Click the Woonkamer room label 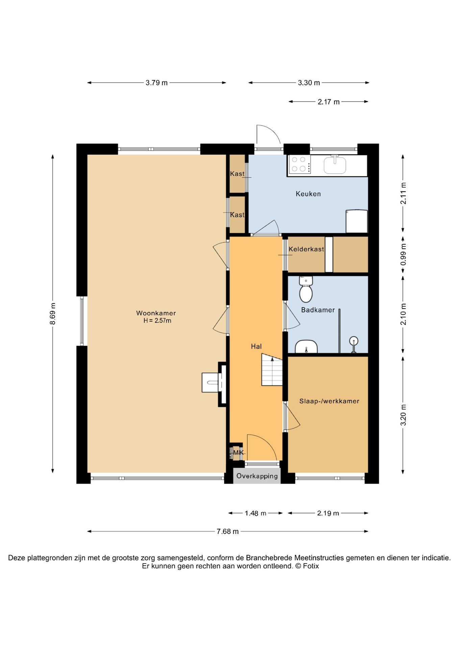tap(156, 313)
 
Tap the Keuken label tap(308, 194)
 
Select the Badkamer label tap(318, 310)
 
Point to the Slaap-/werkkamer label tap(329, 401)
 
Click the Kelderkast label tap(306, 249)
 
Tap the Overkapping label tap(257, 476)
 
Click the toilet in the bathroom tap(306, 289)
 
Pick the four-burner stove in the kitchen tap(299, 164)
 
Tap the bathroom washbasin tap(306, 347)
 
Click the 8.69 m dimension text tap(53, 313)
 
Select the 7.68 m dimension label tap(227, 532)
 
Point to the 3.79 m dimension tap(156, 83)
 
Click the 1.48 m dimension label tap(256, 513)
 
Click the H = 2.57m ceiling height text tap(157, 321)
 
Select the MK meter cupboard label tap(238, 453)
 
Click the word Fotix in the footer tap(311, 566)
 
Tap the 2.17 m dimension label tap(329, 102)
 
